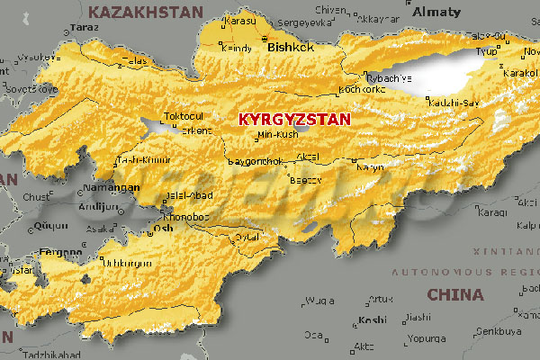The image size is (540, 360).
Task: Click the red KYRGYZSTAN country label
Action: (293, 118)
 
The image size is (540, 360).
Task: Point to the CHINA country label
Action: (454, 294)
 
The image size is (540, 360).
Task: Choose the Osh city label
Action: (164, 228)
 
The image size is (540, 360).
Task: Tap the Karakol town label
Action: (520, 72)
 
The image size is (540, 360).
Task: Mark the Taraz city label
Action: (85, 27)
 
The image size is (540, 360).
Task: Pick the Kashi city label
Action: (371, 319)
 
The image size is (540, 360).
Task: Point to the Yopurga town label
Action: (426, 340)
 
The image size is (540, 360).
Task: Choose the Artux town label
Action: (382, 299)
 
